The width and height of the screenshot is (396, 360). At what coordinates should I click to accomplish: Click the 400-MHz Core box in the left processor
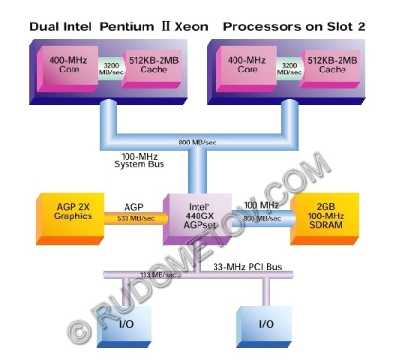coord(67,69)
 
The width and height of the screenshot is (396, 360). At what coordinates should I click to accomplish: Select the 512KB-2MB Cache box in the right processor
coord(330,69)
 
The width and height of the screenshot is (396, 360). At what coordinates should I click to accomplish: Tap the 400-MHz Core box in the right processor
coord(246,69)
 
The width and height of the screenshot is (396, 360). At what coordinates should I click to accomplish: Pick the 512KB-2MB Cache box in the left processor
coord(152,69)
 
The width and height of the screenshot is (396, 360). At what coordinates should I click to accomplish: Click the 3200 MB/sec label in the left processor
coord(111,69)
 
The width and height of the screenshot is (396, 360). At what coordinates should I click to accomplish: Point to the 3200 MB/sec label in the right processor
coord(289,69)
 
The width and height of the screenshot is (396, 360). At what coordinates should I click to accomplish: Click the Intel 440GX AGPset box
coord(197,219)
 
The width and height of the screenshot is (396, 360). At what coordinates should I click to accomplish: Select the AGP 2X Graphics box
coord(70,219)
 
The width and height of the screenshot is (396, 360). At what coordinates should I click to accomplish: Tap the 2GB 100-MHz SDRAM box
coord(325,219)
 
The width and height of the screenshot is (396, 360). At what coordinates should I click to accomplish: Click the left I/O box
coord(124,327)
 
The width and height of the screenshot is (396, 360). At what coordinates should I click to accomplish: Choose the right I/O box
coord(264,327)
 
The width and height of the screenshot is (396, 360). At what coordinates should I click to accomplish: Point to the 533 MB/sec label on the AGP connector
coord(136,218)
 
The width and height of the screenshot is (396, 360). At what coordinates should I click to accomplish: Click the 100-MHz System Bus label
coord(139,160)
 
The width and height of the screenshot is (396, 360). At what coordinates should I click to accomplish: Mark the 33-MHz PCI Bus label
coord(247,267)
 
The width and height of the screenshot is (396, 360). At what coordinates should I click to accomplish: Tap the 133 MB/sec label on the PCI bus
coord(158,274)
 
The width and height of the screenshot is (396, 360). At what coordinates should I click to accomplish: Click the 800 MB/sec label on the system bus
coord(197,142)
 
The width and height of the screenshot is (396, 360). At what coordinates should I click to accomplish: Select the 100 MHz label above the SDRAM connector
coord(262,205)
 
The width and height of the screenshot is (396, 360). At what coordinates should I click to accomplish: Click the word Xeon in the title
coord(191,27)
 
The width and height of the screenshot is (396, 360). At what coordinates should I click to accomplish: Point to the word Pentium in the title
coord(127,27)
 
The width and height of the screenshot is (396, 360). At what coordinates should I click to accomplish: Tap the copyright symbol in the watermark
coord(79,331)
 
